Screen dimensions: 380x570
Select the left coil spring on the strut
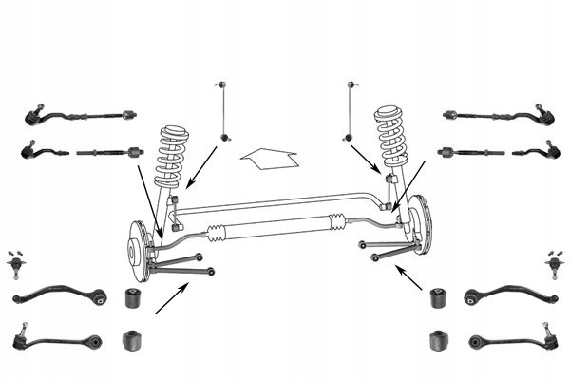172,156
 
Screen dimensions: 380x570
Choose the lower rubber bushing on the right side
438,339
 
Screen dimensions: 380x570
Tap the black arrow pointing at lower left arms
174,299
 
